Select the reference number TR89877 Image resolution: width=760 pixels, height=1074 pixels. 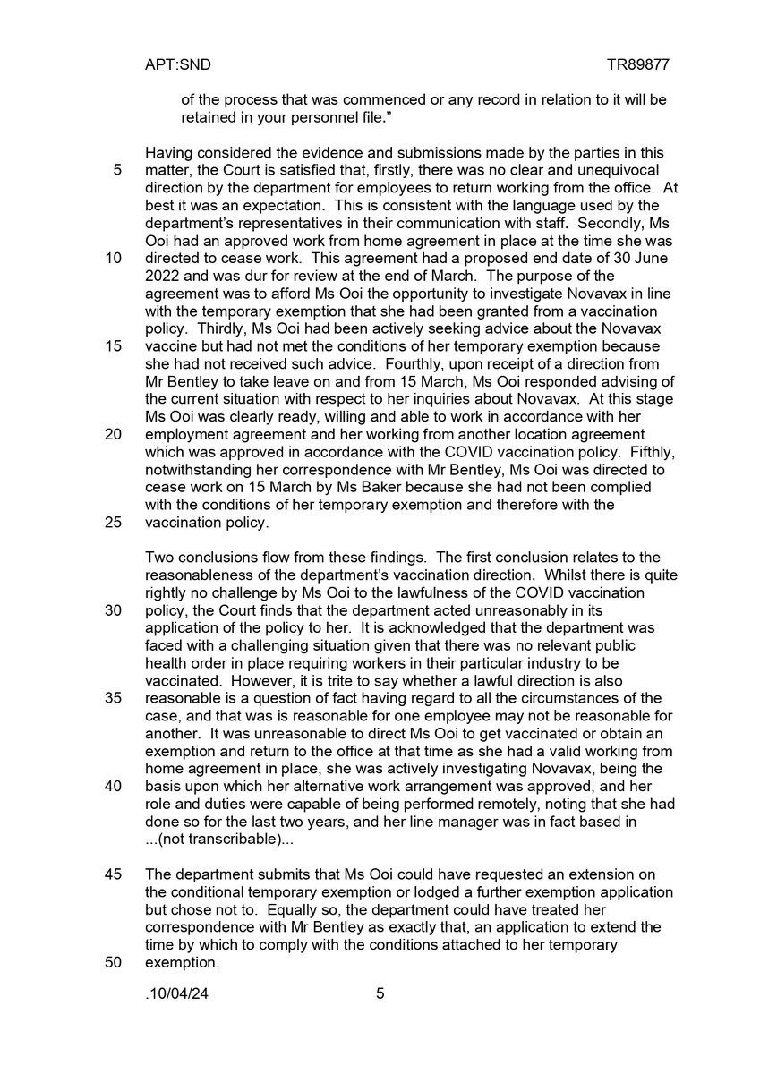tap(637, 65)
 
